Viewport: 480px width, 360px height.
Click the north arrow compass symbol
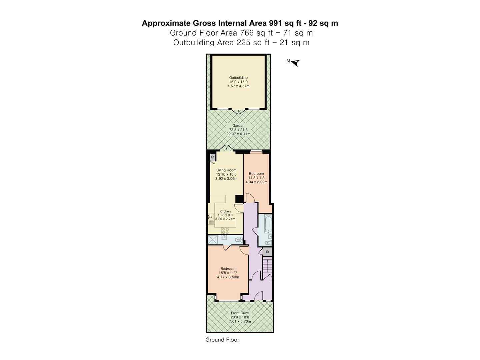point(295,62)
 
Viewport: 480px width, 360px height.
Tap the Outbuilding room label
point(238,78)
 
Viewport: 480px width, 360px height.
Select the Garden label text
point(238,126)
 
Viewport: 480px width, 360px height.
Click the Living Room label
point(226,170)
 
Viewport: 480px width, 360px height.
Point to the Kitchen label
point(225,211)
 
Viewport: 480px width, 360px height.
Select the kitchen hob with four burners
point(225,230)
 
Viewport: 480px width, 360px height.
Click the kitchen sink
point(210,217)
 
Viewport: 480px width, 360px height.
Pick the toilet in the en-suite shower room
point(238,239)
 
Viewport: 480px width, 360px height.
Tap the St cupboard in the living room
point(212,157)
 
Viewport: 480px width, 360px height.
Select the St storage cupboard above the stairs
point(267,252)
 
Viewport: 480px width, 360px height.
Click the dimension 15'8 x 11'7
point(228,273)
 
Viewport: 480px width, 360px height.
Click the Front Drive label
point(240,313)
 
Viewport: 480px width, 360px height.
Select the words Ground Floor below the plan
point(222,340)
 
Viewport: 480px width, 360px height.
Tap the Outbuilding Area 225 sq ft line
point(241,43)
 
